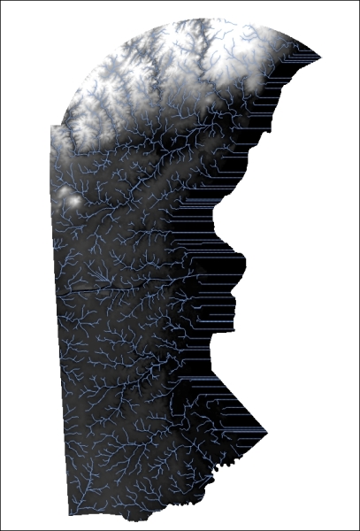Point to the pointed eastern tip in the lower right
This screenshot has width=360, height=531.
266,433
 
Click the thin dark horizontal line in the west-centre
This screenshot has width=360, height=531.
88,289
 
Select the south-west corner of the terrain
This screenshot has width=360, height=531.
69,514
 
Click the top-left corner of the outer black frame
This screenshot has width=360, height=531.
1,1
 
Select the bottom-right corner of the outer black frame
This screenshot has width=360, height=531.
358,529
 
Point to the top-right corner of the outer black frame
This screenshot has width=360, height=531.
358,1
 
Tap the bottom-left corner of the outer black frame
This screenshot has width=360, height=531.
1,529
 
